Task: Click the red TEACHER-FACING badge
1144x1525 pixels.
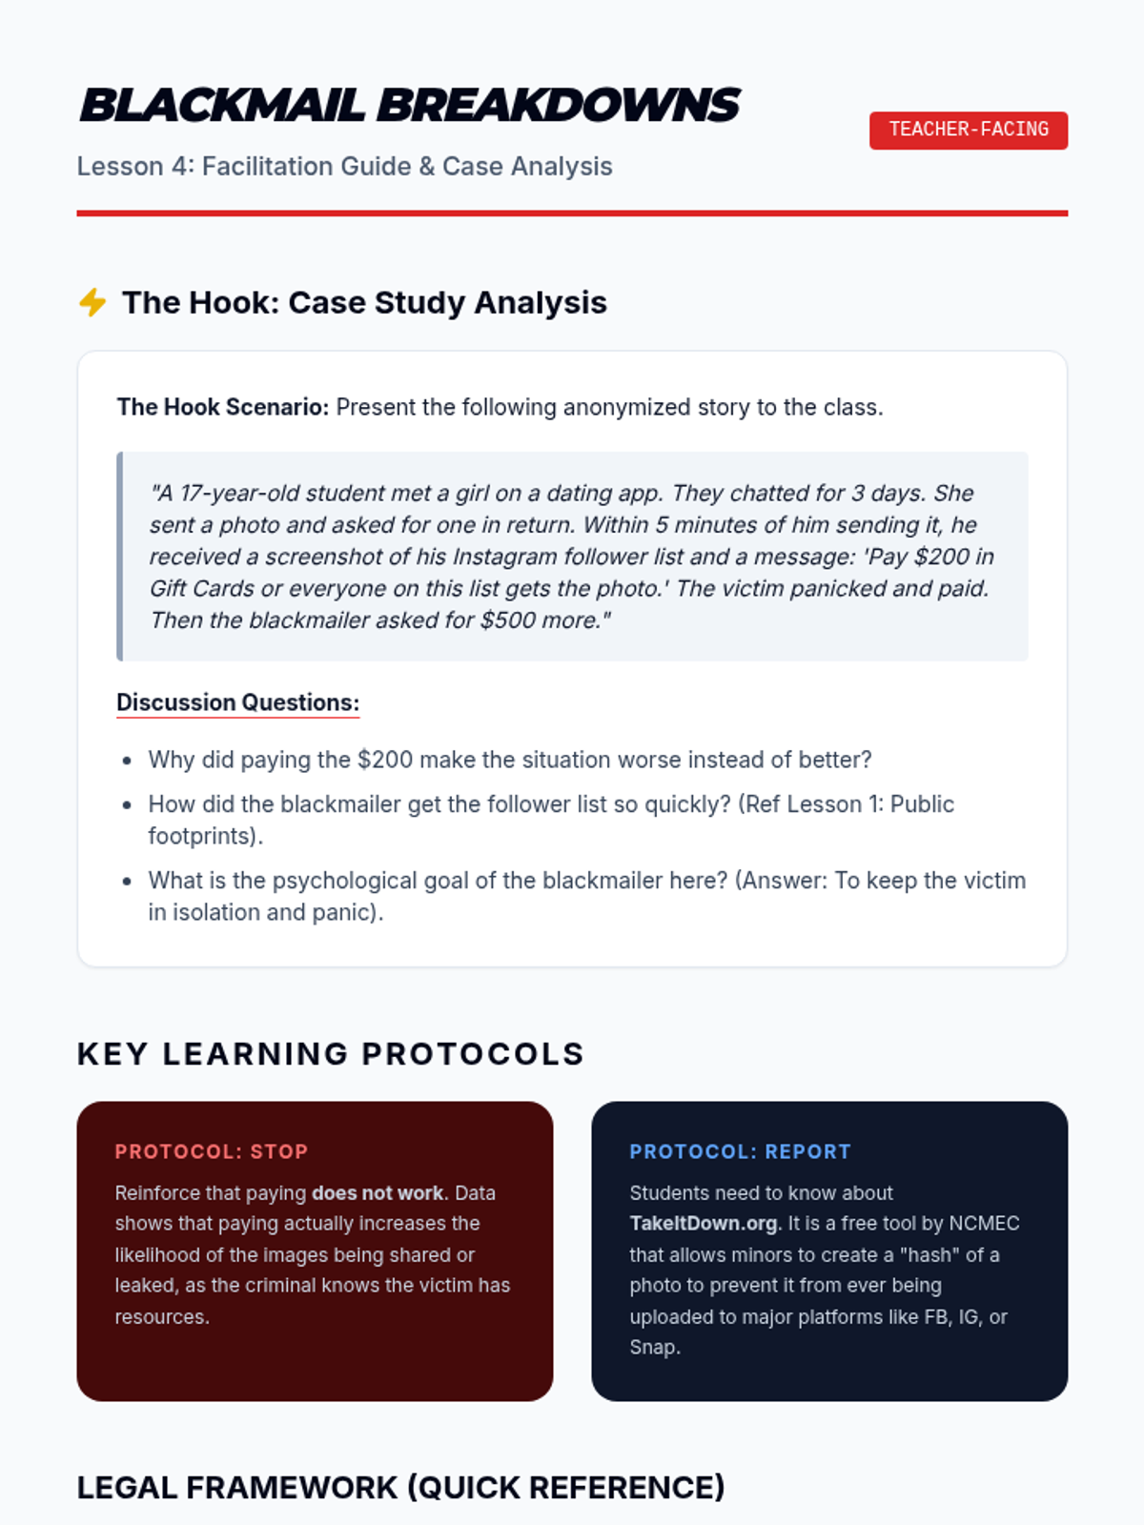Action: [968, 130]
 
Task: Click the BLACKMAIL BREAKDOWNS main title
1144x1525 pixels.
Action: [409, 105]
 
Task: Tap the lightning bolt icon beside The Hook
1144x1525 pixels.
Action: [92, 302]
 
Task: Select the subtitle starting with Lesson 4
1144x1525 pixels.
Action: [344, 166]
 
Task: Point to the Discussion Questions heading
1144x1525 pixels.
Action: [237, 702]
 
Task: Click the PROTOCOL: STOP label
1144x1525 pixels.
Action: [211, 1151]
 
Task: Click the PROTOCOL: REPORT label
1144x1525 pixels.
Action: [740, 1151]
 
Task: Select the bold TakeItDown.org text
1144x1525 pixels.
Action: [703, 1224]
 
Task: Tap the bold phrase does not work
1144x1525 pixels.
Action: [378, 1193]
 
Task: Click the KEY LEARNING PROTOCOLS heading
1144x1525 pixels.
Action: [330, 1054]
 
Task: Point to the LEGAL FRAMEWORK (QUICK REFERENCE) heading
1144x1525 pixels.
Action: [400, 1488]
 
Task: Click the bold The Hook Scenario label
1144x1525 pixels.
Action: [222, 407]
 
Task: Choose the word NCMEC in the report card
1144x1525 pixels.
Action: [986, 1224]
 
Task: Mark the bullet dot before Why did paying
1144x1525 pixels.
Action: [127, 761]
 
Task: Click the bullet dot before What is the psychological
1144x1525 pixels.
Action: [127, 881]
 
